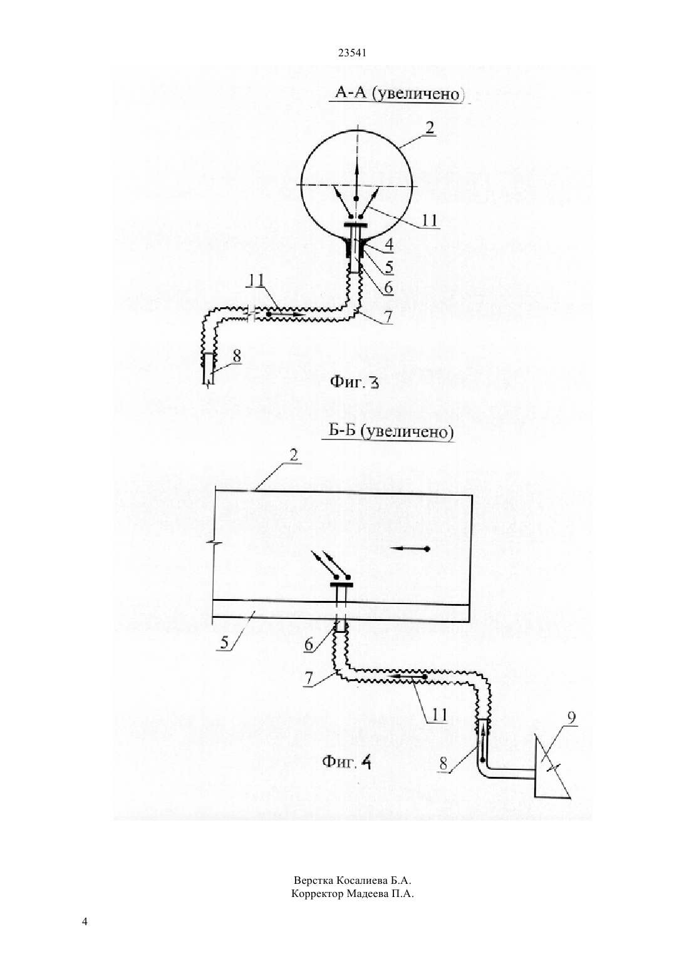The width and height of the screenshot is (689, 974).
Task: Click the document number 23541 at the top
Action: [x=352, y=53]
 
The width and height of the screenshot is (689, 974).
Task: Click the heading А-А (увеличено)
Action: [x=398, y=93]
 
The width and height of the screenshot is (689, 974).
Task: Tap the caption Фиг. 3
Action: [x=355, y=382]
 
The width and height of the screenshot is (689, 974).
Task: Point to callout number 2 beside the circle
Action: [x=430, y=128]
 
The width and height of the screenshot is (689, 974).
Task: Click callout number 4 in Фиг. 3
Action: [x=388, y=244]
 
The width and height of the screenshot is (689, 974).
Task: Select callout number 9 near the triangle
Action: [x=571, y=718]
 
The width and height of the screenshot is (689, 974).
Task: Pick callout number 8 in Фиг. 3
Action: [x=237, y=356]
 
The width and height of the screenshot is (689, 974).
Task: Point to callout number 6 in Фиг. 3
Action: [x=388, y=287]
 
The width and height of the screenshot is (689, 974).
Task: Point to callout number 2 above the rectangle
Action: [x=294, y=455]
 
